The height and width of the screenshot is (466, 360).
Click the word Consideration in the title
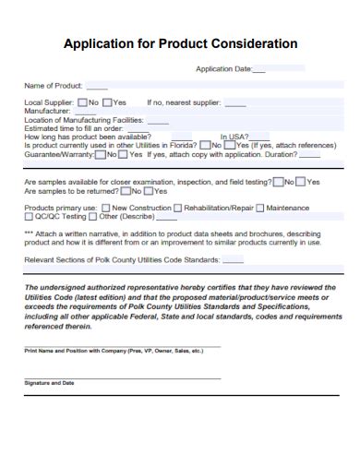250,43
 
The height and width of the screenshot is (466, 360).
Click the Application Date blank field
258,69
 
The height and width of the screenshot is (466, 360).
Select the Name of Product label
54,85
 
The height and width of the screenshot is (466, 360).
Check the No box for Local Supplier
83,102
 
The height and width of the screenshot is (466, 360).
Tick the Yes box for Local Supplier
108,102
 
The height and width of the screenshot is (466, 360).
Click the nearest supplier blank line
235,102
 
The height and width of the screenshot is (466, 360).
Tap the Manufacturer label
47,111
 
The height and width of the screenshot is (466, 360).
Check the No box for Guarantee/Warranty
101,154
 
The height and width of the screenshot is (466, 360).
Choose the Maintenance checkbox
260,208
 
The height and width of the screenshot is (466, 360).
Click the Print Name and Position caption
113,352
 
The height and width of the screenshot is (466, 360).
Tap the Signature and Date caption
49,382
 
